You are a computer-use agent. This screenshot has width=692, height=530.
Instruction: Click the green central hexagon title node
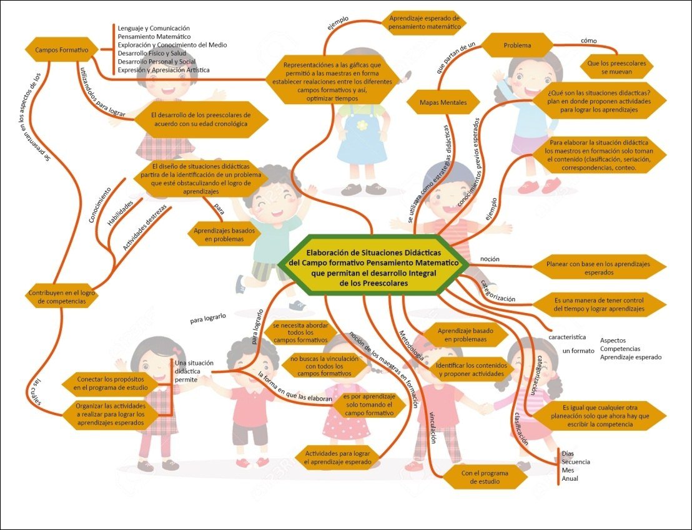pyautogui.click(x=373, y=265)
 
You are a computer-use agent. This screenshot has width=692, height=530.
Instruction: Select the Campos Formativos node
pyautogui.click(x=61, y=49)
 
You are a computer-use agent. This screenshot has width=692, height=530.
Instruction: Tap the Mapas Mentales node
pyautogui.click(x=442, y=102)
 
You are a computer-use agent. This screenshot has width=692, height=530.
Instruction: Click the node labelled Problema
pyautogui.click(x=517, y=46)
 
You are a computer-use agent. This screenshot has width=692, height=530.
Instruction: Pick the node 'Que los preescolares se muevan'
pyautogui.click(x=616, y=67)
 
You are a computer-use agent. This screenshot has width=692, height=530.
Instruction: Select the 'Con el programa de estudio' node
pyautogui.click(x=485, y=477)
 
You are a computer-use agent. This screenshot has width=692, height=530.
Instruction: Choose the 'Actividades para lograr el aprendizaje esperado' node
pyautogui.click(x=337, y=457)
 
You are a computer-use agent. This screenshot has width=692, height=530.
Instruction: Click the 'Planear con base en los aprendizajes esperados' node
pyautogui.click(x=598, y=268)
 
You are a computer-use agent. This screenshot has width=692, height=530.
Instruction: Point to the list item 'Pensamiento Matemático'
pyautogui.click(x=154, y=37)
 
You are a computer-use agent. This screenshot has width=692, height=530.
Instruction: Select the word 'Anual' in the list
pyautogui.click(x=570, y=479)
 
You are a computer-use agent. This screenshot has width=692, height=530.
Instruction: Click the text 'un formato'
pyautogui.click(x=578, y=351)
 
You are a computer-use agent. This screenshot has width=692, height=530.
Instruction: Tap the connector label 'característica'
pyautogui.click(x=566, y=337)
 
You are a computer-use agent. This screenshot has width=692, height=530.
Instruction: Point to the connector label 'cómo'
pyautogui.click(x=588, y=41)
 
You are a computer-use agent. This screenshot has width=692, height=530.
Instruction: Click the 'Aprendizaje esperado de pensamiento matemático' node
pyautogui.click(x=424, y=22)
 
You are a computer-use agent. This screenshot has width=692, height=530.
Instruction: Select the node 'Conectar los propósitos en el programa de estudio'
pyautogui.click(x=111, y=383)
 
